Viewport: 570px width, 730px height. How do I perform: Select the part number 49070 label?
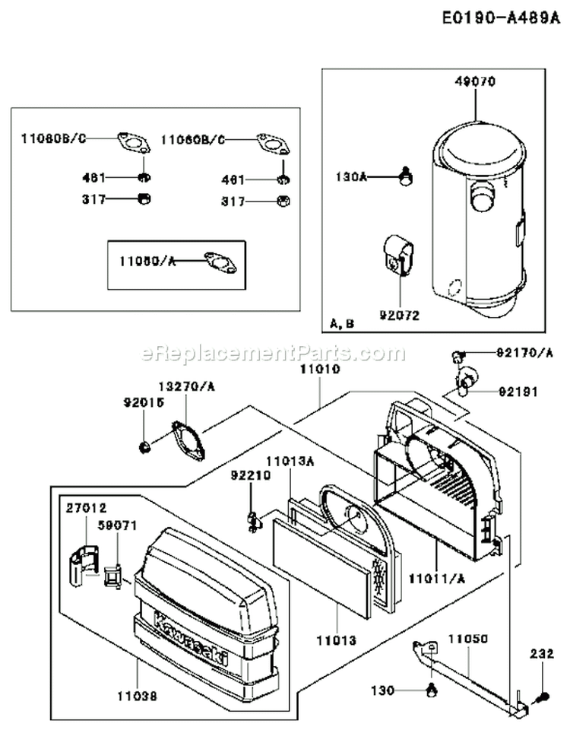(x=475, y=83)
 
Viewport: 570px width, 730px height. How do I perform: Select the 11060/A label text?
(x=147, y=261)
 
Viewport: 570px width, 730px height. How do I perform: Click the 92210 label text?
(x=247, y=474)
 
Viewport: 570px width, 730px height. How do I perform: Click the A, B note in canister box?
(x=343, y=323)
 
